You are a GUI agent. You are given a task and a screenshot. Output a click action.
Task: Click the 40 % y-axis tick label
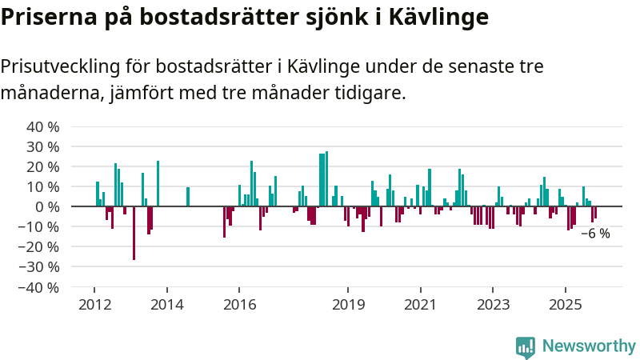(44, 127)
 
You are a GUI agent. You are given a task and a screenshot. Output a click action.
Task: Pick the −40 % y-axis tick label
(41, 286)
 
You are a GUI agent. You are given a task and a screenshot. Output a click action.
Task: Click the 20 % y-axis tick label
(44, 167)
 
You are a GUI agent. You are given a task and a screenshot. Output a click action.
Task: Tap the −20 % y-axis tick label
(41, 246)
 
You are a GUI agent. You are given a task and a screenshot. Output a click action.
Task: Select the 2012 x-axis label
(94, 305)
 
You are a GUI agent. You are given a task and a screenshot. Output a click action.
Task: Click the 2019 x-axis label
(348, 305)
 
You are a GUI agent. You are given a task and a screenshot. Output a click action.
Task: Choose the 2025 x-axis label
(566, 305)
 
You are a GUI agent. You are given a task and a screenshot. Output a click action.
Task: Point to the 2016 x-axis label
(239, 305)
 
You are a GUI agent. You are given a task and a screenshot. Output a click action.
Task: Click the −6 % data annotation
(595, 234)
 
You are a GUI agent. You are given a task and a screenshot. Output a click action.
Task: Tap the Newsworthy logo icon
(526, 346)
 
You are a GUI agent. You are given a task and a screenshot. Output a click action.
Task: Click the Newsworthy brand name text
(589, 346)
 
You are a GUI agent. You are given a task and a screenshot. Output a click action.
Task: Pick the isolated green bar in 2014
(188, 197)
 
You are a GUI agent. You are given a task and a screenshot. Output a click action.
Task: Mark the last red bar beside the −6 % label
(595, 212)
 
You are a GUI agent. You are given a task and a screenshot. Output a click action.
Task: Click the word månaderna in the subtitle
(47, 93)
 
